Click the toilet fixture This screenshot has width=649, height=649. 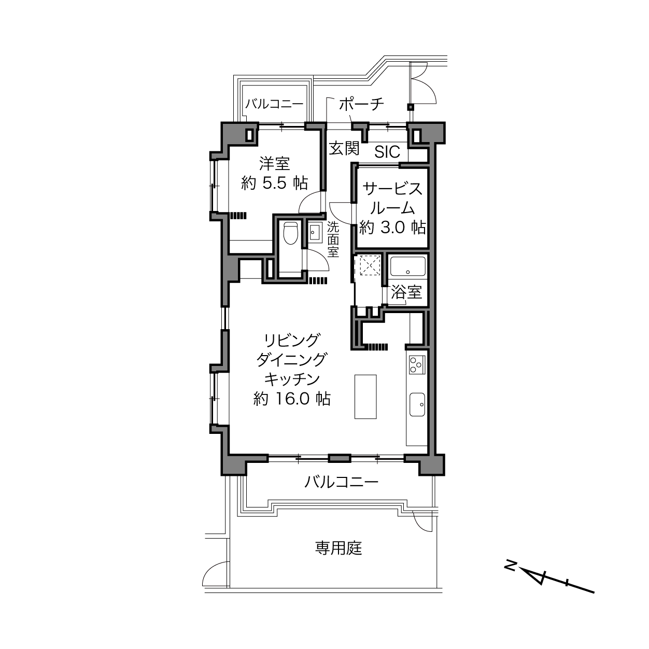click(x=290, y=233)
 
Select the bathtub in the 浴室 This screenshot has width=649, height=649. click(x=407, y=266)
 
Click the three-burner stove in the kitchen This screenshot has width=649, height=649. click(x=417, y=365)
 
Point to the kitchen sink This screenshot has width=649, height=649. click(x=417, y=404)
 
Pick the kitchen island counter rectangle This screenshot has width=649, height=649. click(x=365, y=397)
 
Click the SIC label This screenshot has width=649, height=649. click(x=387, y=152)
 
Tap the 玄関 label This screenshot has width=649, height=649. click(x=344, y=148)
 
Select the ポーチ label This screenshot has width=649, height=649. click(x=361, y=104)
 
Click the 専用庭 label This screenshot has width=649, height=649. click(x=339, y=548)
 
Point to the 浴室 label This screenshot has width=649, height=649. click(x=406, y=292)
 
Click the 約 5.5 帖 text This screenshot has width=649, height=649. click(x=275, y=183)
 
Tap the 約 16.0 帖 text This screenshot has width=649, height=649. click(x=292, y=399)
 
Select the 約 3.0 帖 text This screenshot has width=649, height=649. click(x=392, y=228)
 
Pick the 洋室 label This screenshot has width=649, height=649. click(x=275, y=164)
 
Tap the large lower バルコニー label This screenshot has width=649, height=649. click(x=342, y=482)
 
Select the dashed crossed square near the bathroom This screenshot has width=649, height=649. click(x=370, y=265)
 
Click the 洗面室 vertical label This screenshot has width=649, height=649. click(x=333, y=239)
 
